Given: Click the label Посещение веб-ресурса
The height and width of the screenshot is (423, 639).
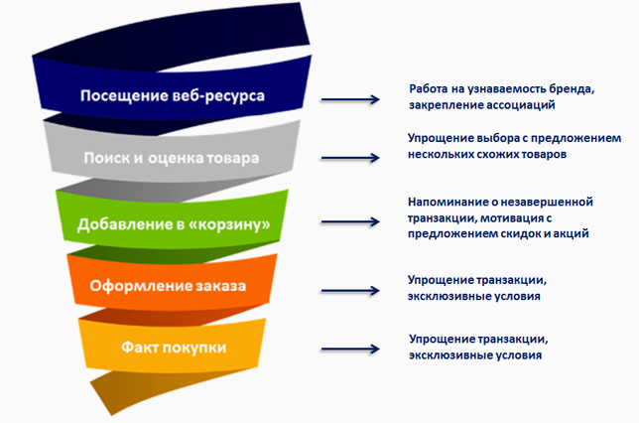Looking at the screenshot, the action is pyautogui.click(x=173, y=96).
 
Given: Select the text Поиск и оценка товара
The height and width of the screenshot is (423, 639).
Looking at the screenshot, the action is pyautogui.click(x=172, y=158).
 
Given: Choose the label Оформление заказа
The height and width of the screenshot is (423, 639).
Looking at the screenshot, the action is pyautogui.click(x=168, y=286).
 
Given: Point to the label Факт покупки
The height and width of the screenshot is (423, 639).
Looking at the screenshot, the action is pyautogui.click(x=174, y=348).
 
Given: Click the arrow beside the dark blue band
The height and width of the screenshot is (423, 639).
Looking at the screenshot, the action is pyautogui.click(x=350, y=99).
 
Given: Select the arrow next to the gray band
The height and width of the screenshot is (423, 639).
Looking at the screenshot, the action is pyautogui.click(x=350, y=158).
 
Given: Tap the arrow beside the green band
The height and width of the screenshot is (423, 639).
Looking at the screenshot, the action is pyautogui.click(x=350, y=221).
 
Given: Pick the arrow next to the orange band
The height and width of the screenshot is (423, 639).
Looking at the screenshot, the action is pyautogui.click(x=350, y=290).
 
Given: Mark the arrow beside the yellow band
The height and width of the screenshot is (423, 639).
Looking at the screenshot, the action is pyautogui.click(x=350, y=349).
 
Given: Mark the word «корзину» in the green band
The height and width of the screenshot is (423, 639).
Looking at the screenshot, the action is pyautogui.click(x=228, y=224).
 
